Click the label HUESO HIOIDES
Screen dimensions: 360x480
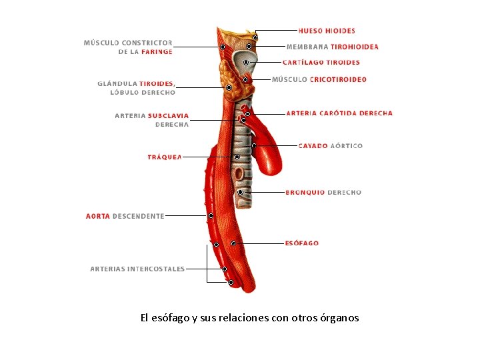327,31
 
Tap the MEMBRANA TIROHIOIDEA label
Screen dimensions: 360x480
333,47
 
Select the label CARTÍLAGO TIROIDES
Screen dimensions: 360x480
321,63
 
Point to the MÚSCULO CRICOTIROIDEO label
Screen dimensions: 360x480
319,80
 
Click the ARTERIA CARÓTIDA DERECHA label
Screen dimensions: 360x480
339,113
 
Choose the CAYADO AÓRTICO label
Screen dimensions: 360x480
331,145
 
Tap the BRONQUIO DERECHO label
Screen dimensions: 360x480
323,193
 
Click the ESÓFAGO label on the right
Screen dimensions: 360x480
301,243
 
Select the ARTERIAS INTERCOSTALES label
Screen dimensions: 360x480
137,269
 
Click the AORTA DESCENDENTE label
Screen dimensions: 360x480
125,216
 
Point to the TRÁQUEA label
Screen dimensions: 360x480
164,157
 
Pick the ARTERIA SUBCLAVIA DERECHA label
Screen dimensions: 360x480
152,120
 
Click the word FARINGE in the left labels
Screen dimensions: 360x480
157,51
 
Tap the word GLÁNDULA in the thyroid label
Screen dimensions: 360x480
117,84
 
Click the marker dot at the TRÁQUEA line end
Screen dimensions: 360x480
237,157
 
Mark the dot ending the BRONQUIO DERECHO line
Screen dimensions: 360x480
240,192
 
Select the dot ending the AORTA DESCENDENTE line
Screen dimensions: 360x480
211,216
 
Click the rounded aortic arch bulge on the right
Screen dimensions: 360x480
272,157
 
